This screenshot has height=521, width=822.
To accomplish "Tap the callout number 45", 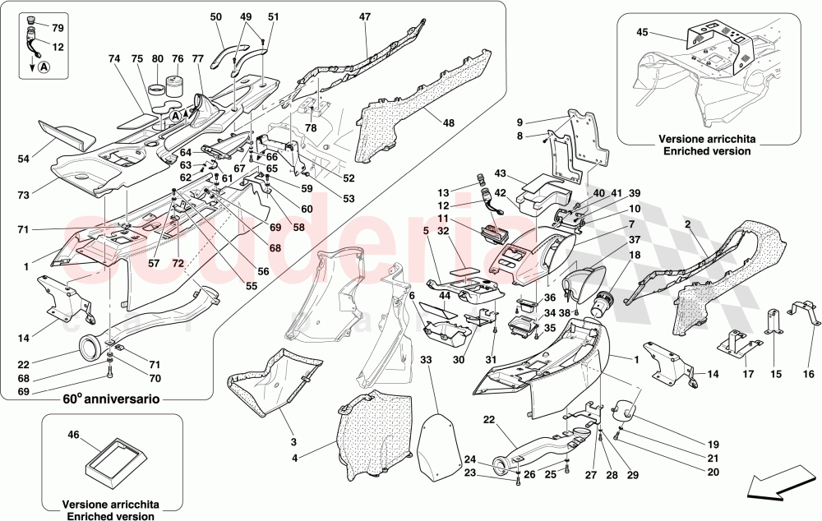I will [x=644, y=34].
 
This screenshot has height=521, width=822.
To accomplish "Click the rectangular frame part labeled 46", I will [x=112, y=463].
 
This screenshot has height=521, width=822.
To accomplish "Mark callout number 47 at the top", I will [x=364, y=16].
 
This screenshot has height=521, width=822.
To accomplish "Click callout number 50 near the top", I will [x=216, y=16].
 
